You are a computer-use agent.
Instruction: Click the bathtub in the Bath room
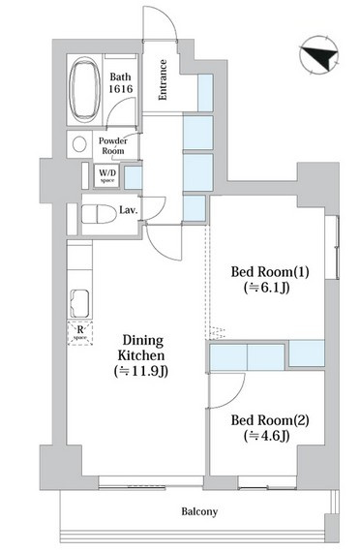click(84, 89)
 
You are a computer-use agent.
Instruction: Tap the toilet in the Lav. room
click(99, 214)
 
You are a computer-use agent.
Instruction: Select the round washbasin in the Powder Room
click(79, 144)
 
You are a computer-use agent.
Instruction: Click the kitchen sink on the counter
click(80, 304)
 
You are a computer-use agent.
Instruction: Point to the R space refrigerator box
click(80, 333)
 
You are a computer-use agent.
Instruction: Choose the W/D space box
click(107, 175)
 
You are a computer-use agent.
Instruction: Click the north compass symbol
click(318, 55)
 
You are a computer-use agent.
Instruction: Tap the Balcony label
click(199, 511)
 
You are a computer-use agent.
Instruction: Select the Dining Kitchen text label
click(141, 348)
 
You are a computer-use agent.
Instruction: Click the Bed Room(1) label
click(270, 272)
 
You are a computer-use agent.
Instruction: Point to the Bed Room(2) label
click(270, 420)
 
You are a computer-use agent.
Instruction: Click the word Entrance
click(163, 80)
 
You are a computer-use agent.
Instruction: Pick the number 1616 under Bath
click(120, 89)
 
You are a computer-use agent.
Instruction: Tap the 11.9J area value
click(141, 371)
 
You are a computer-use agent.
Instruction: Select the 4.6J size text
click(267, 436)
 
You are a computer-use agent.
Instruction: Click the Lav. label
click(129, 210)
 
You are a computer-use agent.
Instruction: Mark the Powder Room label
click(113, 145)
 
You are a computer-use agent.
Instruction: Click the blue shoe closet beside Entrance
click(205, 93)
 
